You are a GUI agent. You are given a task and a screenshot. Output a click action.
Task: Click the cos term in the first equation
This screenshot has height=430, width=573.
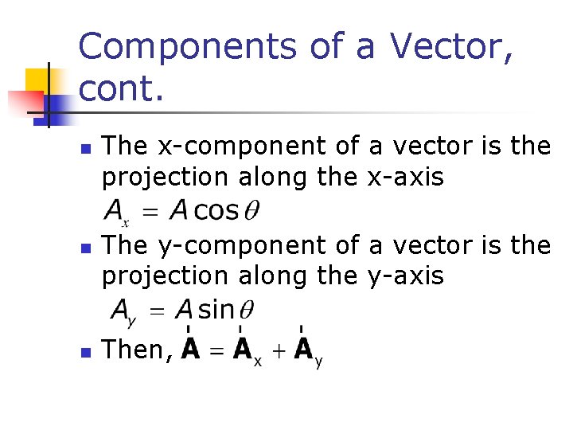(x=216, y=211)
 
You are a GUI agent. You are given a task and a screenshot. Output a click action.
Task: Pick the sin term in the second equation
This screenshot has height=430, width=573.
(x=216, y=309)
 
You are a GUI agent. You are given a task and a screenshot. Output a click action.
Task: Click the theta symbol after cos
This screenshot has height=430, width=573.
(x=251, y=211)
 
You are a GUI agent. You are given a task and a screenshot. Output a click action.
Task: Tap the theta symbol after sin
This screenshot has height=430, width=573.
(x=246, y=309)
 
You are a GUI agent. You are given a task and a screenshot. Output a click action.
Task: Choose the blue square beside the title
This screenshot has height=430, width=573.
(x=57, y=107)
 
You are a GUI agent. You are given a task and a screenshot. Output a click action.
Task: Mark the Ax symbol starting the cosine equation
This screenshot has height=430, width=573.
(x=115, y=213)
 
